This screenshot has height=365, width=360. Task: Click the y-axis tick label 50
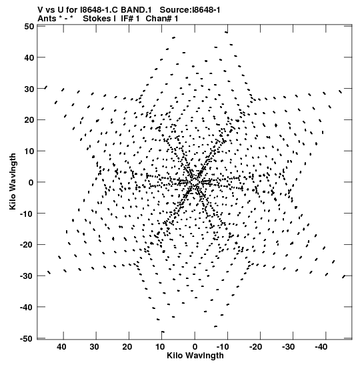click(x=29, y=26)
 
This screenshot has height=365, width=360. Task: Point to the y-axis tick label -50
click(x=27, y=338)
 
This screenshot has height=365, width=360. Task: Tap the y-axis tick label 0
click(x=31, y=182)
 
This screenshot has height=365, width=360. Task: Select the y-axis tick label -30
click(x=27, y=276)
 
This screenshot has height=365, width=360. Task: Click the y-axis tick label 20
click(x=29, y=120)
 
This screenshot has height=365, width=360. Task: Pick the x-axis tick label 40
click(x=61, y=347)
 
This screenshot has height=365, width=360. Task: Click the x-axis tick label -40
click(x=321, y=347)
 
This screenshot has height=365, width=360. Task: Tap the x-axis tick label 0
click(x=195, y=347)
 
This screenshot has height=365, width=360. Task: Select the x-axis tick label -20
click(x=256, y=347)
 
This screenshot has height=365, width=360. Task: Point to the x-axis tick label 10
click(x=160, y=347)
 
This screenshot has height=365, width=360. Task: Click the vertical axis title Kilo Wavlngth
click(x=13, y=181)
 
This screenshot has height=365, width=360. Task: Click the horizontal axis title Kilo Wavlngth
click(x=195, y=356)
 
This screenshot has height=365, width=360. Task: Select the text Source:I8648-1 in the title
click(x=190, y=10)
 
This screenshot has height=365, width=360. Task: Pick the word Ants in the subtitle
click(x=46, y=19)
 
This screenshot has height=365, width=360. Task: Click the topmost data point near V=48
click(x=227, y=32)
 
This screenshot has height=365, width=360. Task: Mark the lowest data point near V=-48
click(x=163, y=332)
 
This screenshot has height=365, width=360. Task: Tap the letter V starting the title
click(x=40, y=10)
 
